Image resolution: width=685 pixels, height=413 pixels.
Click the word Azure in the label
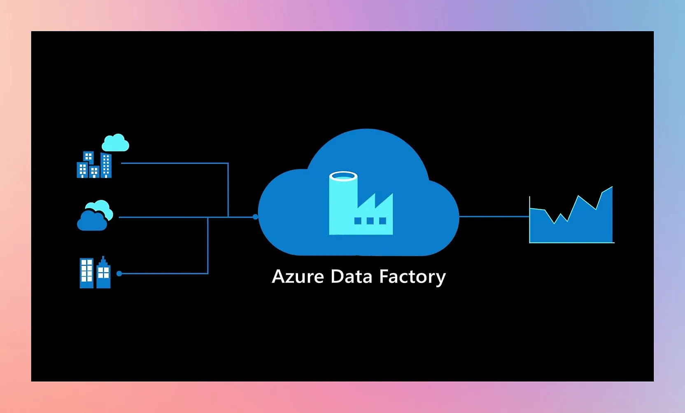pos(298,277)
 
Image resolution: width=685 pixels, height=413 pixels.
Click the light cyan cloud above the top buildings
pos(115,143)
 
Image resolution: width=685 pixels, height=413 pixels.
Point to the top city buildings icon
pos(94,165)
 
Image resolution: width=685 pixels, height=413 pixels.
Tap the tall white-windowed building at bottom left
pos(86,273)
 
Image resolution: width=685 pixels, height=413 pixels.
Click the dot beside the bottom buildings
pos(119,273)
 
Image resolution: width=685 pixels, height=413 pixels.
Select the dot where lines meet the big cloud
pos(255,217)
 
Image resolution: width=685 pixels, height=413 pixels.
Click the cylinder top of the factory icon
pos(343,177)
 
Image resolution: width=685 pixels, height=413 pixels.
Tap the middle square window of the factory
pos(370,221)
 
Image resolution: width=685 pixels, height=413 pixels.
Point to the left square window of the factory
pos(358,221)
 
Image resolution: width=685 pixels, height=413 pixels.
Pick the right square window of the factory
pos(382,221)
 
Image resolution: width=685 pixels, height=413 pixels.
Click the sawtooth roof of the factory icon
pos(375,202)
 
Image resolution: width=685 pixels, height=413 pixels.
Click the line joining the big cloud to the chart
pos(494,216)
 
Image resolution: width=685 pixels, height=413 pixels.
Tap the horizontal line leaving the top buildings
pos(173,163)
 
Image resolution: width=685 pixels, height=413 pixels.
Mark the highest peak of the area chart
pos(612,187)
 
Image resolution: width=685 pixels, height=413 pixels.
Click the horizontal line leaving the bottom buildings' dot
pos(165,273)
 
